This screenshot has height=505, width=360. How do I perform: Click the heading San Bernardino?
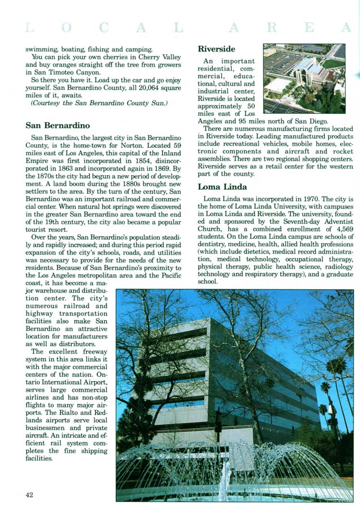[57, 126]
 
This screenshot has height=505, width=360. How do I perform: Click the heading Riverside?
[216, 49]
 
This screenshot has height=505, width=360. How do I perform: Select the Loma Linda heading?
[222, 187]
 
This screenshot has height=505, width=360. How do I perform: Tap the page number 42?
[30, 494]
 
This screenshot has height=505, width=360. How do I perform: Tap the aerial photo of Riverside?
[304, 78]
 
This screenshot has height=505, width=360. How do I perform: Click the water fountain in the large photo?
[227, 472]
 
